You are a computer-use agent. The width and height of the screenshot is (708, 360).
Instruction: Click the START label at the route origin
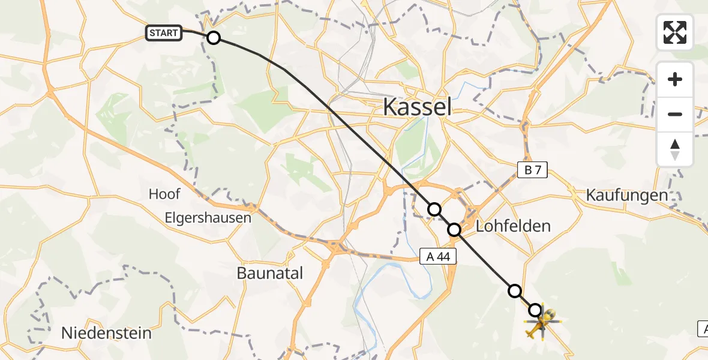[x=164, y=33]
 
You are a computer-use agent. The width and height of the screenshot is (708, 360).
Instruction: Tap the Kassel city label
[x=417, y=107]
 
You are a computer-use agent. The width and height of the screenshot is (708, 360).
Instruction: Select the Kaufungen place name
[x=627, y=195]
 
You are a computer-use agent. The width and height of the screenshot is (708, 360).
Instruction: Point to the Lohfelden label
[x=513, y=226]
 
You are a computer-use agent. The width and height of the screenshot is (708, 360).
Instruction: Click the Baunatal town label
[x=269, y=273]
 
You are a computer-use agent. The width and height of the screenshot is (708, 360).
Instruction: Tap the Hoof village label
[x=164, y=194]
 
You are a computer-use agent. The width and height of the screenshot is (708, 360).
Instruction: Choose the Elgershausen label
[x=208, y=218]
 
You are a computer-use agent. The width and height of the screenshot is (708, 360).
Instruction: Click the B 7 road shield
[x=533, y=170]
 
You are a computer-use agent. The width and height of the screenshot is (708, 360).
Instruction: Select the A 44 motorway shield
[x=438, y=257]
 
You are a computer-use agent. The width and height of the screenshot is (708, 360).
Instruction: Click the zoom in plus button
[x=675, y=79]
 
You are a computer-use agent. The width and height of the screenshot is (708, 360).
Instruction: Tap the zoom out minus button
[x=675, y=114]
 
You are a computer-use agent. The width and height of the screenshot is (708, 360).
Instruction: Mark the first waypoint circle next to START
[x=214, y=38]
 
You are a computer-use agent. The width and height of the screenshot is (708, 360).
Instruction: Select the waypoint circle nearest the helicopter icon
[x=535, y=310]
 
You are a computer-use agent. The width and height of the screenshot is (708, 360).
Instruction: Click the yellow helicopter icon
[x=542, y=323]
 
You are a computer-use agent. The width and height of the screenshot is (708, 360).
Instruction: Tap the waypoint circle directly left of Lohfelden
[x=454, y=229]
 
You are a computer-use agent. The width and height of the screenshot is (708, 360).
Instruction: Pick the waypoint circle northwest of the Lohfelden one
[x=434, y=209]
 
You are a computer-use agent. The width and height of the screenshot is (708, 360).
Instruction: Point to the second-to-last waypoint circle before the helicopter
[x=515, y=291]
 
